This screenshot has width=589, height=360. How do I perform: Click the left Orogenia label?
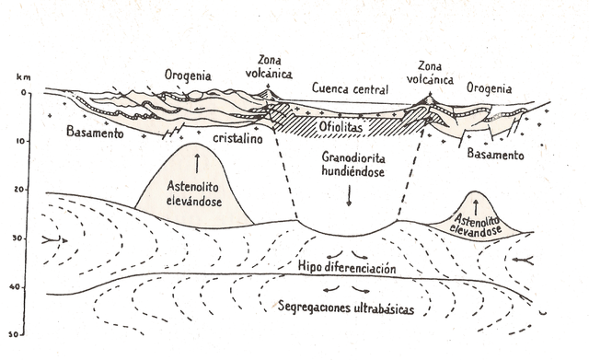(190, 75)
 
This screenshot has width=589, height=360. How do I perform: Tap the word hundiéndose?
(350, 172)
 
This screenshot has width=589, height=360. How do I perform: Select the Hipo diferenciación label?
(346, 268)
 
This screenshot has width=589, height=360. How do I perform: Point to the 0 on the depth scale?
(26, 93)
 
